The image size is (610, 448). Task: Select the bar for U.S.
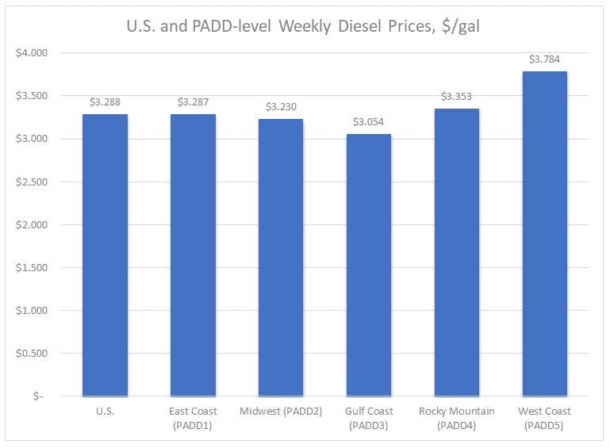(x=105, y=255)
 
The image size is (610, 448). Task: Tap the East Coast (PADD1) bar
(x=193, y=255)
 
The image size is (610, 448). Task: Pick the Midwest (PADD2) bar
(x=281, y=257)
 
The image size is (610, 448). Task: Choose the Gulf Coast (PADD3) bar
(x=369, y=265)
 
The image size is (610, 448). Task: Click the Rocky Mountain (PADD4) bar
(x=456, y=252)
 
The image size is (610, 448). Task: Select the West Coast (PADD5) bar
(x=544, y=233)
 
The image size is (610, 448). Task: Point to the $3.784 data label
(x=544, y=59)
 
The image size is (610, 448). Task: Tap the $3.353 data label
(x=456, y=96)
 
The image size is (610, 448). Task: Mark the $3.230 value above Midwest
(x=281, y=106)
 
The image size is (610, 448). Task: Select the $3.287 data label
(x=193, y=101)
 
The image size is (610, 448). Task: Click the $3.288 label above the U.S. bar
(x=105, y=101)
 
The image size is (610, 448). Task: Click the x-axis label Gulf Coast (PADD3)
(x=369, y=417)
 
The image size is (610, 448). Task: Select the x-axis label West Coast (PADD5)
(x=544, y=417)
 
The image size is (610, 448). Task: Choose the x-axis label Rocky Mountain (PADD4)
(x=456, y=417)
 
